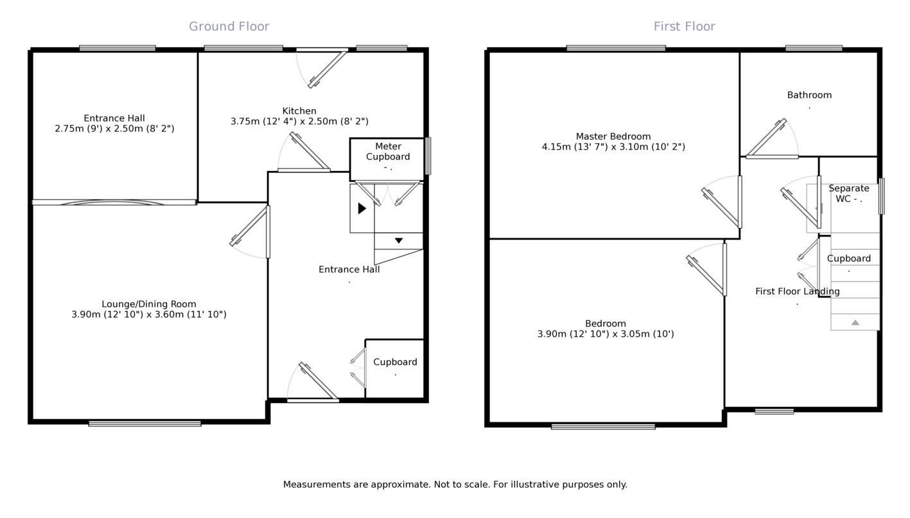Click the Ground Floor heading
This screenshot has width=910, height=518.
pyautogui.click(x=229, y=26)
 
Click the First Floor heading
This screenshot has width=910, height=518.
pyautogui.click(x=684, y=26)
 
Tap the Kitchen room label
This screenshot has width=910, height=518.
pyautogui.click(x=299, y=111)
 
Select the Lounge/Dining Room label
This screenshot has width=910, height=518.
pyautogui.click(x=149, y=304)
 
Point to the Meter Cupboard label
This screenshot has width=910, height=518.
pyautogui.click(x=388, y=152)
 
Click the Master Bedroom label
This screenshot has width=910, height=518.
pyautogui.click(x=613, y=136)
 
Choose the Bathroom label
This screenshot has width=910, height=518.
pyautogui.click(x=809, y=95)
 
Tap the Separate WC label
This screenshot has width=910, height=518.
pyautogui.click(x=848, y=193)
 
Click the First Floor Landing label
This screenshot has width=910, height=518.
pyautogui.click(x=797, y=291)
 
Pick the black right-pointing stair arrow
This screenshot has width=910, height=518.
pyautogui.click(x=362, y=208)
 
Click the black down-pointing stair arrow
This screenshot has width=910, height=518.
pyautogui.click(x=399, y=240)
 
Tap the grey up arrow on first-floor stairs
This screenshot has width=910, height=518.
pyautogui.click(x=855, y=322)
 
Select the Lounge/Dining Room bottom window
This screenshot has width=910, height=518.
pyautogui.click(x=144, y=424)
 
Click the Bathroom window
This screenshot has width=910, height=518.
pyautogui.click(x=814, y=48)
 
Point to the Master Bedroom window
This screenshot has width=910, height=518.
pyautogui.click(x=616, y=48)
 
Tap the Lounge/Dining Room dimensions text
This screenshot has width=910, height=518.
pyautogui.click(x=149, y=314)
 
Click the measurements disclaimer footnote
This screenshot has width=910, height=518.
pyautogui.click(x=455, y=485)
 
